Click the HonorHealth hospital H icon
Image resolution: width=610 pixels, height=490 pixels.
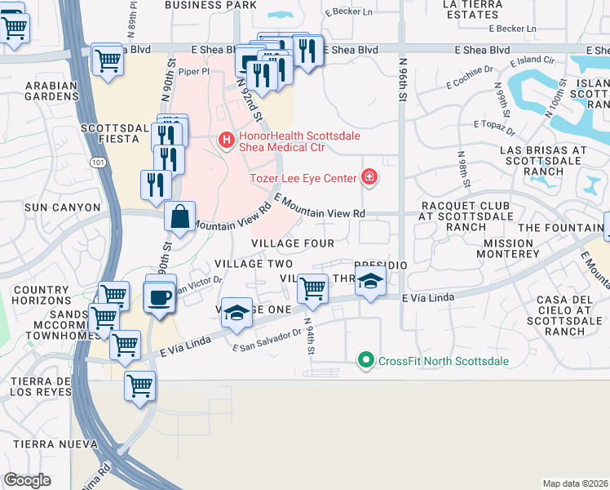point(226,141)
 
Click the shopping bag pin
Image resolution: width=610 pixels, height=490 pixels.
point(179,218)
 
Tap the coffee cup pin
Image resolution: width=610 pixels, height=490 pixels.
point(160,296)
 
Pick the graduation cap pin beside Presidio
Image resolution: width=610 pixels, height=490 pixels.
point(370,282)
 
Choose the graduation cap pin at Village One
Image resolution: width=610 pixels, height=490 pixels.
point(236,314)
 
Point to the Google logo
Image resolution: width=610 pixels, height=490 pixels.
point(27,479)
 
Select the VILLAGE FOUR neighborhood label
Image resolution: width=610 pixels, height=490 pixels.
point(292,243)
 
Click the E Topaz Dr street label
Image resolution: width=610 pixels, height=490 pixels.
point(494,127)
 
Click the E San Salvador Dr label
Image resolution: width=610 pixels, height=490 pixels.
point(267,341)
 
